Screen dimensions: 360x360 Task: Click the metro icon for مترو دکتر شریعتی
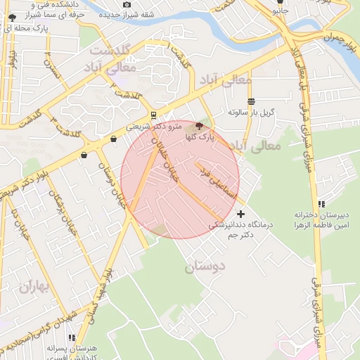click(x=154, y=115)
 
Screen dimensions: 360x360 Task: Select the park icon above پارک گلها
click(x=200, y=127)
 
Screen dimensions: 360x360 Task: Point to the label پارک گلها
click(x=200, y=139)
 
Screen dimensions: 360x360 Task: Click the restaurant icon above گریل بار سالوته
click(x=251, y=101)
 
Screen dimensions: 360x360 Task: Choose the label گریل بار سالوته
click(x=251, y=112)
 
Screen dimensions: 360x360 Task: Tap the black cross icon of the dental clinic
click(x=241, y=213)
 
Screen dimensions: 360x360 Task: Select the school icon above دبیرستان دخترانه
click(x=321, y=202)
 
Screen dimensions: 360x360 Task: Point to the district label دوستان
click(x=204, y=267)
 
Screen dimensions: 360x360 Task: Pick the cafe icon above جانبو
click(x=281, y=1)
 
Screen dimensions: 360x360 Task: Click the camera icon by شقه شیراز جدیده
click(x=127, y=5)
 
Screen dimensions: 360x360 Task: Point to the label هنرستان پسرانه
click(x=76, y=349)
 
